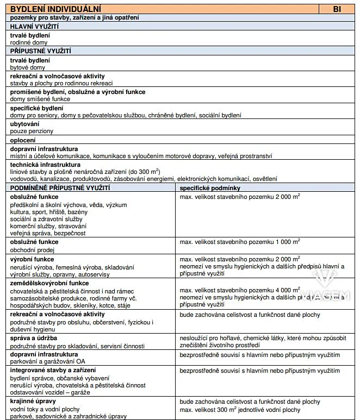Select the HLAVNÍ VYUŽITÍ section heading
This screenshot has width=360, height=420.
(35, 26)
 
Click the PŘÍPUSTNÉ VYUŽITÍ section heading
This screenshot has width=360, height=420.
(41, 51)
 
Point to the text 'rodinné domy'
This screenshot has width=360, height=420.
(29, 42)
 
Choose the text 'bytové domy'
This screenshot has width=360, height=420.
(28, 67)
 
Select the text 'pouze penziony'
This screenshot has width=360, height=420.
(32, 131)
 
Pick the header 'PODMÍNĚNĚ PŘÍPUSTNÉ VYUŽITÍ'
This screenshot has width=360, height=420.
(60, 187)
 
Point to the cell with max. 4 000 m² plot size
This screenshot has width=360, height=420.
(240, 290)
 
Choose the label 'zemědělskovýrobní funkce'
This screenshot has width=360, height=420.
(49, 283)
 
